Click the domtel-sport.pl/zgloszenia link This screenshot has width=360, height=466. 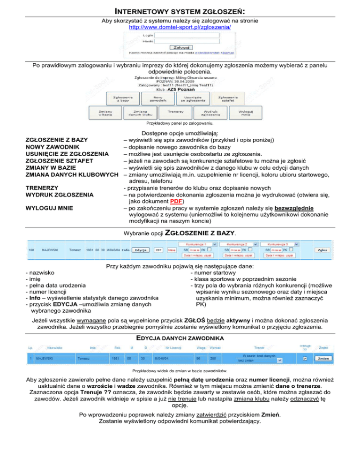180,28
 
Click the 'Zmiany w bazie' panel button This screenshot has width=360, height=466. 105,113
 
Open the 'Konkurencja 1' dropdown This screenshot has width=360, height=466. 199,244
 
